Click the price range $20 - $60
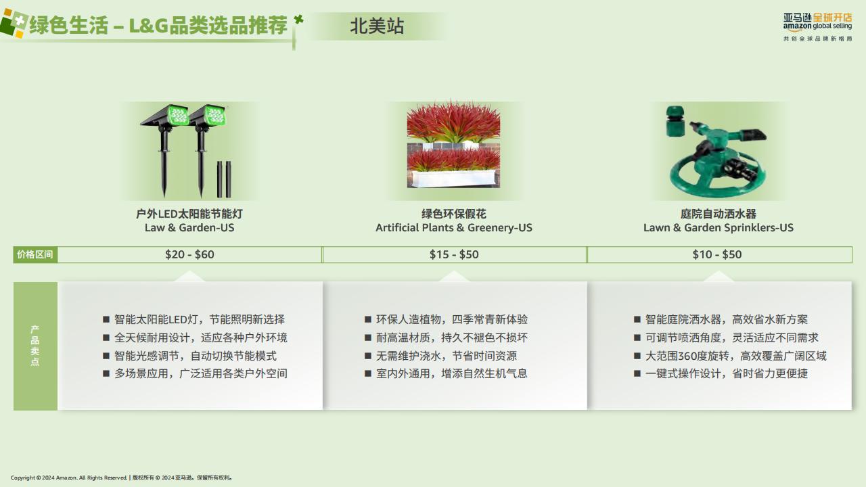[x=189, y=254]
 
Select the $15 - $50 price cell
[x=454, y=254]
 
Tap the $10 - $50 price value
[x=717, y=254]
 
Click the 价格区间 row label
[x=35, y=254]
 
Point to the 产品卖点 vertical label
[x=35, y=346]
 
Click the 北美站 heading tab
[x=377, y=26]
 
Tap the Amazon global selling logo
[x=817, y=26]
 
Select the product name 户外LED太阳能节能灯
[x=189, y=214]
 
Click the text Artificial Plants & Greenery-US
[x=454, y=228]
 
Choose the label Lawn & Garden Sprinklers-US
[x=719, y=228]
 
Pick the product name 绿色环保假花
[x=454, y=214]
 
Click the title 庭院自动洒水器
[x=719, y=214]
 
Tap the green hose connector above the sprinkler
[x=675, y=121]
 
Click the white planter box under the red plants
[x=453, y=179]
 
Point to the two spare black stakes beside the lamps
[x=224, y=179]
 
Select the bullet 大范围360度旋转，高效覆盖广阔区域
[x=735, y=356]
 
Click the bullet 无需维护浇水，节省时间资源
[x=446, y=356]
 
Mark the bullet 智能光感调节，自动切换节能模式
[x=196, y=356]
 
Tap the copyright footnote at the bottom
[x=121, y=478]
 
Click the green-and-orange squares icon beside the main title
[x=14, y=23]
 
